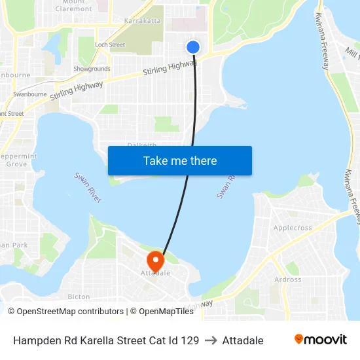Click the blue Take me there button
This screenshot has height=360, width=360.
(x=180, y=161)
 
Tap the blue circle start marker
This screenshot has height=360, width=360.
(x=193, y=47)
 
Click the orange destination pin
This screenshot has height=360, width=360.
(x=155, y=261)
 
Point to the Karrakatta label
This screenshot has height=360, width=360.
(x=143, y=21)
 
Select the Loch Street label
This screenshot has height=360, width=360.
(x=110, y=45)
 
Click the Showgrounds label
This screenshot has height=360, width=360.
(x=92, y=69)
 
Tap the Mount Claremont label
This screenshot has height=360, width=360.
(x=78, y=6)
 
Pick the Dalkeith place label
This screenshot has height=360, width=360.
(x=141, y=145)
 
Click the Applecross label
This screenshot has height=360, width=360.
(x=293, y=228)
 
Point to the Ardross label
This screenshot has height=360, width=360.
(x=288, y=279)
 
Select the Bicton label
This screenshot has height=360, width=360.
(x=79, y=297)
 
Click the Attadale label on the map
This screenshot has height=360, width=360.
(x=156, y=273)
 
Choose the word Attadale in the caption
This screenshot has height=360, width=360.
(x=243, y=340)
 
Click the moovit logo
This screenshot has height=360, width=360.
(x=321, y=339)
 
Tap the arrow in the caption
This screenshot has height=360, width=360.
(x=211, y=340)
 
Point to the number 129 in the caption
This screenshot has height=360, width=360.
(x=189, y=340)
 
